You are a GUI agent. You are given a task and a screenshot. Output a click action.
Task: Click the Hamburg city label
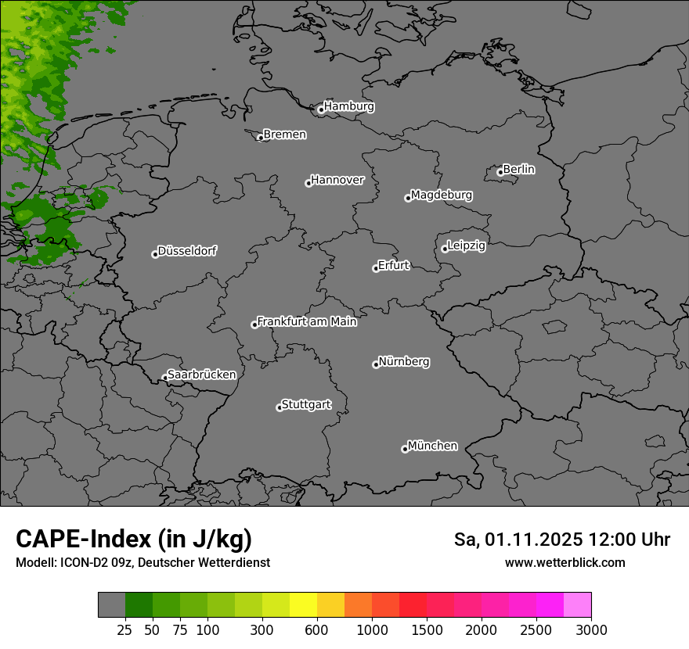[348, 106]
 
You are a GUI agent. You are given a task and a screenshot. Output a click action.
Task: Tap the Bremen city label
[284, 134]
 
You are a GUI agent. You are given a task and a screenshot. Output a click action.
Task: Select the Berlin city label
[518, 169]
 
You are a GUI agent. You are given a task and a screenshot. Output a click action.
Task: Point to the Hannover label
[337, 180]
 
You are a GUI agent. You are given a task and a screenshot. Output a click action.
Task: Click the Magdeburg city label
[442, 195]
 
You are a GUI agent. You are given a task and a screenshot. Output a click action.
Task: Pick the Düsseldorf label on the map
[187, 251]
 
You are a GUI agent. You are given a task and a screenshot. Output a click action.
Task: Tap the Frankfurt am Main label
[307, 321]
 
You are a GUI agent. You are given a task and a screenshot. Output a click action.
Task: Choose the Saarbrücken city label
[201, 375]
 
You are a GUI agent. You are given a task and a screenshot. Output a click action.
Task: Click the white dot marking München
[405, 449]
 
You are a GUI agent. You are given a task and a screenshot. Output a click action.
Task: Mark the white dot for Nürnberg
[376, 364]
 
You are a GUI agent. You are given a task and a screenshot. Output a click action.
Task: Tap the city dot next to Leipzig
[445, 249]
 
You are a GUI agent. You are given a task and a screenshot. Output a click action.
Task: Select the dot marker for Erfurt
[376, 268]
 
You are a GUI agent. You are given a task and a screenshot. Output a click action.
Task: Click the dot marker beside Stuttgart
[280, 407]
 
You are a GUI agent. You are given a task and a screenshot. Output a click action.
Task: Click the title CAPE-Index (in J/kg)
[134, 539]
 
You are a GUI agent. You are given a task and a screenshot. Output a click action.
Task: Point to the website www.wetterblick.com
[565, 563]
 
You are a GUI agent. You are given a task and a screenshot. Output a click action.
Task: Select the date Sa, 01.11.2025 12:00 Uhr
[562, 540]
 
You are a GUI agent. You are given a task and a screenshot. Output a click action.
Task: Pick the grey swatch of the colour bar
[112, 605]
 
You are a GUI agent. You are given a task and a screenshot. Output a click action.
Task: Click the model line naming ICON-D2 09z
[142, 563]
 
